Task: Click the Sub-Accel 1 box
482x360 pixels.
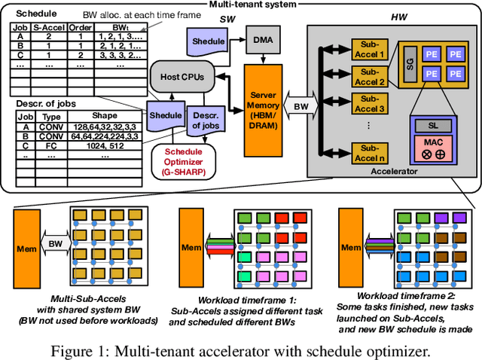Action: [x=371, y=50]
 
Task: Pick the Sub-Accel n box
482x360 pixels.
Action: [x=371, y=152]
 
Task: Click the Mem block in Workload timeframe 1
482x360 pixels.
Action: [x=190, y=246]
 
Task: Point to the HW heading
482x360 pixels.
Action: [x=399, y=16]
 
